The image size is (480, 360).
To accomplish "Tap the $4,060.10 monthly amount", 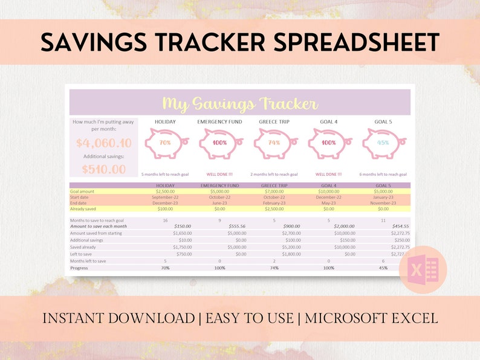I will [x=104, y=143].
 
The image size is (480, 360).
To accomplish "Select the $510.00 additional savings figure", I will [x=104, y=169].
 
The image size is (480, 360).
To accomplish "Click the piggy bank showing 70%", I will [x=165, y=144].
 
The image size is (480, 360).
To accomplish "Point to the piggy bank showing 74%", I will [x=274, y=144].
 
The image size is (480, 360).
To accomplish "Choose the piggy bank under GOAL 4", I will [x=329, y=144].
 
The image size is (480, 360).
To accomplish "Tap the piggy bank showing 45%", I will [x=383, y=144].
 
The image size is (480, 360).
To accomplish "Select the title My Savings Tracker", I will [x=240, y=104].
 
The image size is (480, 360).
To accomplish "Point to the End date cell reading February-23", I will [x=274, y=203].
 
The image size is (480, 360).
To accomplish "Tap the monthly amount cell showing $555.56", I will [x=224, y=226].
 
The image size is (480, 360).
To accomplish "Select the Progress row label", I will [x=79, y=268].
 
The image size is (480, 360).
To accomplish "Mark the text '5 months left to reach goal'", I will [x=165, y=174].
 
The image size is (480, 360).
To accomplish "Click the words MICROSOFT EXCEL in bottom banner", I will [x=371, y=318].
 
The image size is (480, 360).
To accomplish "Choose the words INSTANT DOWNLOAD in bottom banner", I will [x=118, y=318].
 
